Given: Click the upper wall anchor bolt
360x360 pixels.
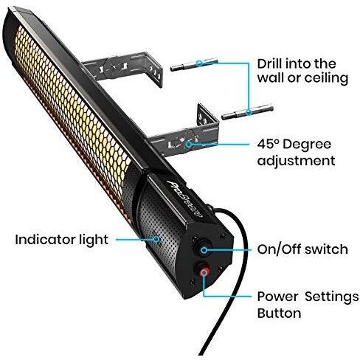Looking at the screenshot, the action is [x=194, y=64].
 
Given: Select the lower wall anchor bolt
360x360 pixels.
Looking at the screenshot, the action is [x=247, y=112].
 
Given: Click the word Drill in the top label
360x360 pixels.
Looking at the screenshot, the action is [x=271, y=63].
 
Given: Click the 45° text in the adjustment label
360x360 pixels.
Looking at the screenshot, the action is [x=268, y=144].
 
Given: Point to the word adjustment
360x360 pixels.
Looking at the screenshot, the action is [x=296, y=161].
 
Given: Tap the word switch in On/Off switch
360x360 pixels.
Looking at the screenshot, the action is [x=326, y=249].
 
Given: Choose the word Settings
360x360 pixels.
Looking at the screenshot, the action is [x=332, y=297].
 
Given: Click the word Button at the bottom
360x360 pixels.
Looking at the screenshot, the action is [x=279, y=313].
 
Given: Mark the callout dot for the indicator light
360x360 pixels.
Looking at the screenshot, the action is [x=156, y=239].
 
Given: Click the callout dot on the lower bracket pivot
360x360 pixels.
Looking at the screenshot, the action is [x=188, y=145].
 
